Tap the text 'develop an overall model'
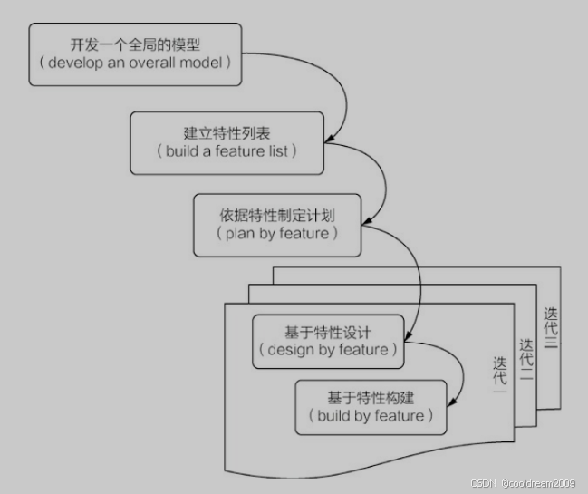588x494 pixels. click(136, 63)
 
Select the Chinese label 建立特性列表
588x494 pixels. click(227, 132)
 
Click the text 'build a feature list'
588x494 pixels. click(227, 151)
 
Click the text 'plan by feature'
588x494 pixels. click(277, 233)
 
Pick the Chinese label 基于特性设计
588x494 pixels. click(328, 332)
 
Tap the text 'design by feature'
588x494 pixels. click(328, 350)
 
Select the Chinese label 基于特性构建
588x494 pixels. click(371, 397)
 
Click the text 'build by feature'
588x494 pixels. click(371, 416)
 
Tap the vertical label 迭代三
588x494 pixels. click(551, 328)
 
